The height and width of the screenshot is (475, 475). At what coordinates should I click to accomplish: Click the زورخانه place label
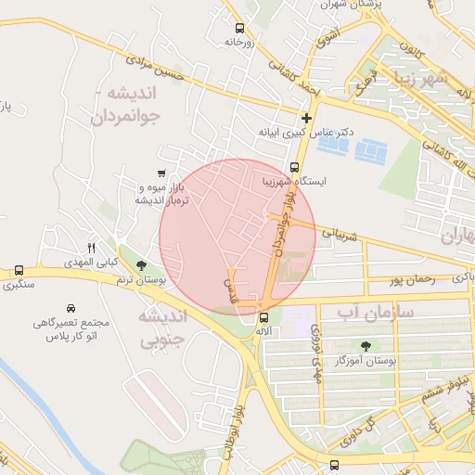(x=238, y=42)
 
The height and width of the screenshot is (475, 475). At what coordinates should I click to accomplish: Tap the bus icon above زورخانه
(x=240, y=27)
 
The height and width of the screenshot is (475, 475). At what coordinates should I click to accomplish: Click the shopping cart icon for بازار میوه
(x=163, y=173)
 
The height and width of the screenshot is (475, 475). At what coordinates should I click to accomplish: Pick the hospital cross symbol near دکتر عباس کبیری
(x=306, y=118)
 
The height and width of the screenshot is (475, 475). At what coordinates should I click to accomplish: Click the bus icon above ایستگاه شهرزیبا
(x=294, y=168)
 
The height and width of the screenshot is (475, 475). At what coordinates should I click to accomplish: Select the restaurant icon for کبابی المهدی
(x=91, y=248)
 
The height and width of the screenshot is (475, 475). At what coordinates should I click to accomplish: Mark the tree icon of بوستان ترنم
(x=141, y=266)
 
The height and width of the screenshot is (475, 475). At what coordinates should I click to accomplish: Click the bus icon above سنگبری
(x=19, y=271)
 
